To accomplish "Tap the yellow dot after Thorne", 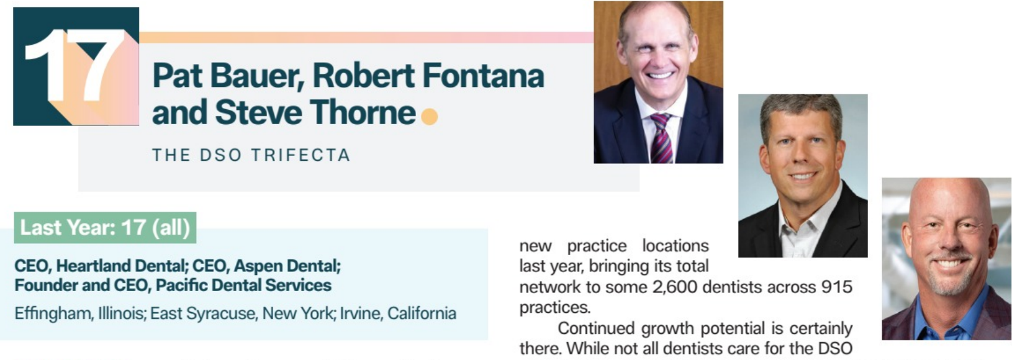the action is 429,117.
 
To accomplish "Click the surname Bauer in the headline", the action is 256,76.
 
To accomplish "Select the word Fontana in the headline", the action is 484,76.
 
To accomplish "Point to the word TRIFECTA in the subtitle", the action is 300,155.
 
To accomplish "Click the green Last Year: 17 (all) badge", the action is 106,228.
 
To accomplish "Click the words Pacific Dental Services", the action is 243,286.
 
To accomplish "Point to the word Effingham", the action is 53,313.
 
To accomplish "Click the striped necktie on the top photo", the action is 661,138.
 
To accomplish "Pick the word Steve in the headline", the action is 258,112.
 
